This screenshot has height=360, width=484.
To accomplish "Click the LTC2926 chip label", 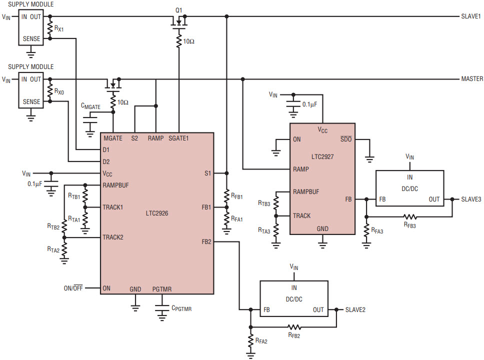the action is coord(157,213).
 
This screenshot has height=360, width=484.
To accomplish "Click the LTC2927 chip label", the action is coord(322,157).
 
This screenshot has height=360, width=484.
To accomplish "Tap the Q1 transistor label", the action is coord(179,10).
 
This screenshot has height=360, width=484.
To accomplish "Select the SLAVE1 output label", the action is coord(470,16).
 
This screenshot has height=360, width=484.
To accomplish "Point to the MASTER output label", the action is coord(472,79).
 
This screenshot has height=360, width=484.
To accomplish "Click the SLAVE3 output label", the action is coord(471,199).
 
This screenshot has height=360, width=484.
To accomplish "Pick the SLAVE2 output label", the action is coord(355,310).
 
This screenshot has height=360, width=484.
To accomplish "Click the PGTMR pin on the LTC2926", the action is coord(161,289).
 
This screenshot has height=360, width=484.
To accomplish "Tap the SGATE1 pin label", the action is coord(178,138).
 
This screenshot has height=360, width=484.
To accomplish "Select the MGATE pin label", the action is coord(113,138).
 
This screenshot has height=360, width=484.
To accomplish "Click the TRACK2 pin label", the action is coord(113,237).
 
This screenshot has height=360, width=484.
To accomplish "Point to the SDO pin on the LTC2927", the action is coord(346,139).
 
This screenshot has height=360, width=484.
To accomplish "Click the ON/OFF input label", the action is coord(73,288).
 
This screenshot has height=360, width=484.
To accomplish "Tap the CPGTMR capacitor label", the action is coord(181,308).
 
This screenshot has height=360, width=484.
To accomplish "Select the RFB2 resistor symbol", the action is coord(294,327).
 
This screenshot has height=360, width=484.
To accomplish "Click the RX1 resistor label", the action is coord(59,28).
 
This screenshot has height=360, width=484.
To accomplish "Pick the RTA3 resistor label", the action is coord(264,230).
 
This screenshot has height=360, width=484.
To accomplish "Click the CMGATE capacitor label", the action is coord(90,106).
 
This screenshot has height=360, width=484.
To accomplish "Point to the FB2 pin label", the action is coord(206,241).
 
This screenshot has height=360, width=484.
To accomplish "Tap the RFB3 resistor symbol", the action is coord(410,216).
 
